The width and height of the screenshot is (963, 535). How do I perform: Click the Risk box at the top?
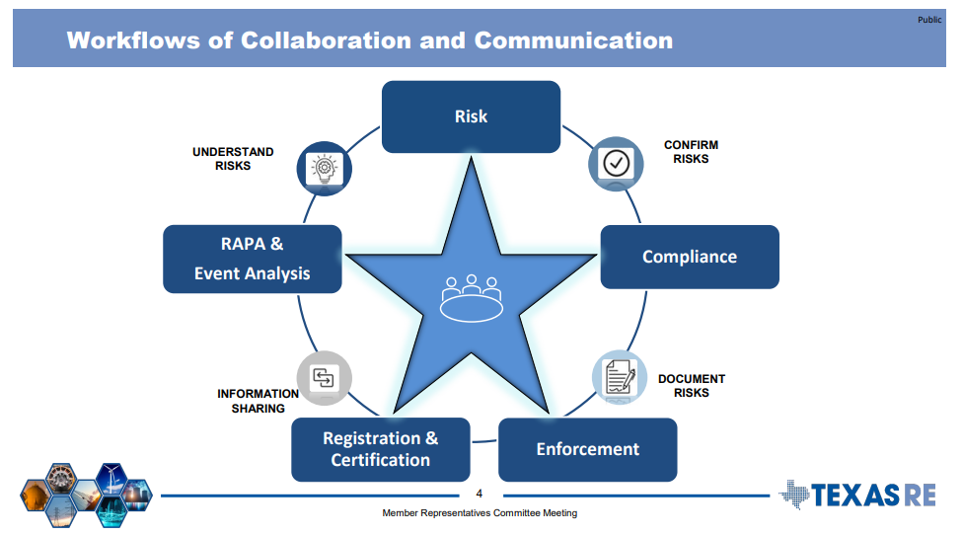[471, 116]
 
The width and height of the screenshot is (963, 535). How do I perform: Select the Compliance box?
[690, 257]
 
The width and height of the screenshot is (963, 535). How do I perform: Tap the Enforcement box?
[587, 449]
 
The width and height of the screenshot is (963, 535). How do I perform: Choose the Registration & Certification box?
[380, 449]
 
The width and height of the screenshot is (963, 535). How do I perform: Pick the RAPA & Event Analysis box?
[252, 259]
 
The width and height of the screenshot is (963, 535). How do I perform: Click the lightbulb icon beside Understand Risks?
[324, 168]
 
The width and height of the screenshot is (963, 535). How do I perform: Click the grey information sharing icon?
[324, 377]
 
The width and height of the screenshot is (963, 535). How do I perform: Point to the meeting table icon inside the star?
[471, 297]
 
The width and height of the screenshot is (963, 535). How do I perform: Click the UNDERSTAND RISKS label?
[233, 159]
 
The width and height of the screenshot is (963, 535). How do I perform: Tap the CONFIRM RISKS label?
[691, 152]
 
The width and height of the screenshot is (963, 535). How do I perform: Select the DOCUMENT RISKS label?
[692, 386]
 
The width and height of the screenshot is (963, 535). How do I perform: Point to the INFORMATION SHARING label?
[258, 401]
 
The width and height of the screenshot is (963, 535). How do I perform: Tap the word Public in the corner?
[928, 20]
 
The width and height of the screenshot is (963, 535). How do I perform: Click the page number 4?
[480, 494]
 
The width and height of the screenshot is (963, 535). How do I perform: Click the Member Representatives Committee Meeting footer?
[480, 513]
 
